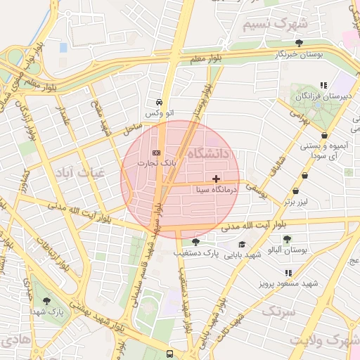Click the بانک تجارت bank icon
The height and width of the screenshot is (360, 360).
(155, 153)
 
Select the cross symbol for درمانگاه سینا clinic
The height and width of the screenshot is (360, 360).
(216, 179)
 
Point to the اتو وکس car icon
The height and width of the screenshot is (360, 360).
(160, 101)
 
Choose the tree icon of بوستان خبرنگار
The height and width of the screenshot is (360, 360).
(299, 43)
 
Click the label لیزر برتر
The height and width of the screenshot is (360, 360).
(297, 202)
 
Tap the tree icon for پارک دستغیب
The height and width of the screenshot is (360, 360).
(195, 241)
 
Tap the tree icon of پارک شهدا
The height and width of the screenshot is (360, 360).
(47, 300)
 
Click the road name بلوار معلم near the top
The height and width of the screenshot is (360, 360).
(207, 59)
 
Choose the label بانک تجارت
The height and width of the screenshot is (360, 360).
(160, 162)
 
